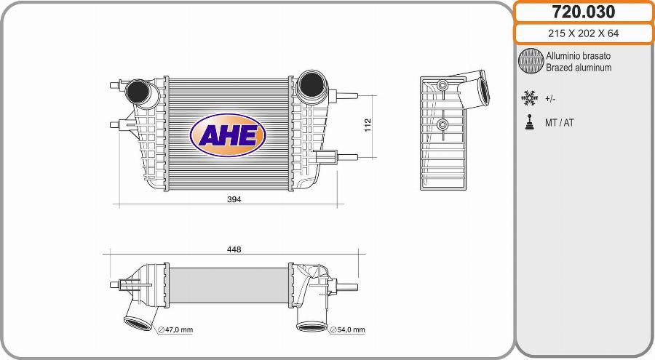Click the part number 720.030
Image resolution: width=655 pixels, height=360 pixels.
pos(584,12)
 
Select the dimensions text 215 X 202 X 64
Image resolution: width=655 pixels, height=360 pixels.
pos(584,34)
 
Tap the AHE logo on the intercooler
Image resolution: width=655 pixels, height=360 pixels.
pos(228,135)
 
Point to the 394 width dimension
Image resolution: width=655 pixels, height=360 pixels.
pos(234,199)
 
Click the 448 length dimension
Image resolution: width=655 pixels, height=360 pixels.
pos(234,249)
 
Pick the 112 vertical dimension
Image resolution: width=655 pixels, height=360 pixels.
pos(368,126)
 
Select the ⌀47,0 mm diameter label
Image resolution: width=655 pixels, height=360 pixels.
pos(175,329)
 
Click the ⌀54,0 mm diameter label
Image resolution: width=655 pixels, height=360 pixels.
pos(348,329)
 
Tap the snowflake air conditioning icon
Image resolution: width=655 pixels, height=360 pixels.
pos(529,97)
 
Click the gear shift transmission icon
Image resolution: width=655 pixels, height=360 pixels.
pos(529,122)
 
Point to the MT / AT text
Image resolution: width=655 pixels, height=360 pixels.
pos(559,123)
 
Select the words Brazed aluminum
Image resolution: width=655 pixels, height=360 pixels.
pos(579,68)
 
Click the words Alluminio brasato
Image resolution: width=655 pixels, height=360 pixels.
pos(578,56)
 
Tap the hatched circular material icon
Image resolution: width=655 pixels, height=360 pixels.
pos(531,62)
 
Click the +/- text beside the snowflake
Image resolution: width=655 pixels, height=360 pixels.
pos(551,98)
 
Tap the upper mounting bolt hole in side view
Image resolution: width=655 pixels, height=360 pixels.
pos(442,86)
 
